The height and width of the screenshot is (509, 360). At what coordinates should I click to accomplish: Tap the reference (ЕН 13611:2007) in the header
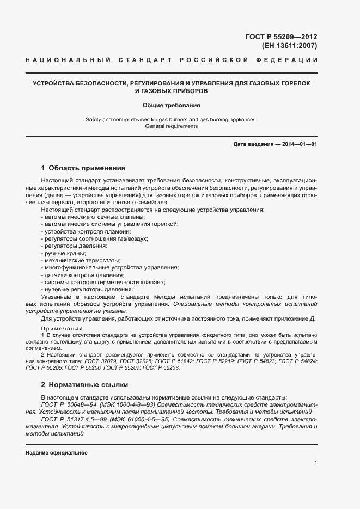click(289, 46)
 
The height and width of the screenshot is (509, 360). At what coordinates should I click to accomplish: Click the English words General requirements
click(172, 126)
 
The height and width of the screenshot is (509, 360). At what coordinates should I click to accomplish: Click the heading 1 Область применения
click(83, 168)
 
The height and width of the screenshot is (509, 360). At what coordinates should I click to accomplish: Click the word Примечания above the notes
click(62, 329)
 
